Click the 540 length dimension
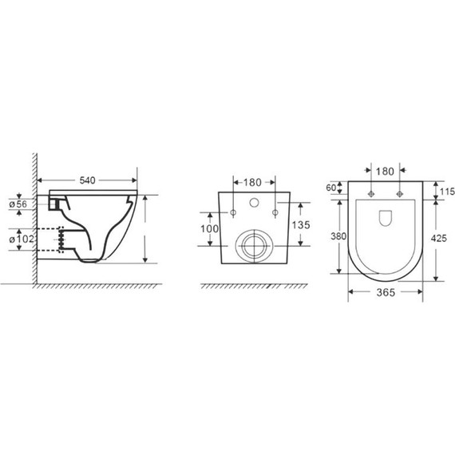coord(87,180)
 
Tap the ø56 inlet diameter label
coord(18,204)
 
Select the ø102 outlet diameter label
coord(22,239)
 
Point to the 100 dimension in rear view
coord(209,229)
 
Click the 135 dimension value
coord(301,225)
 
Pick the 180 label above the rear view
coord(252,183)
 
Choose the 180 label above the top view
coord(385,172)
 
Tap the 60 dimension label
coord(331,188)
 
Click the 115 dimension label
coord(447,192)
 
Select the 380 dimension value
coord(338,236)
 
